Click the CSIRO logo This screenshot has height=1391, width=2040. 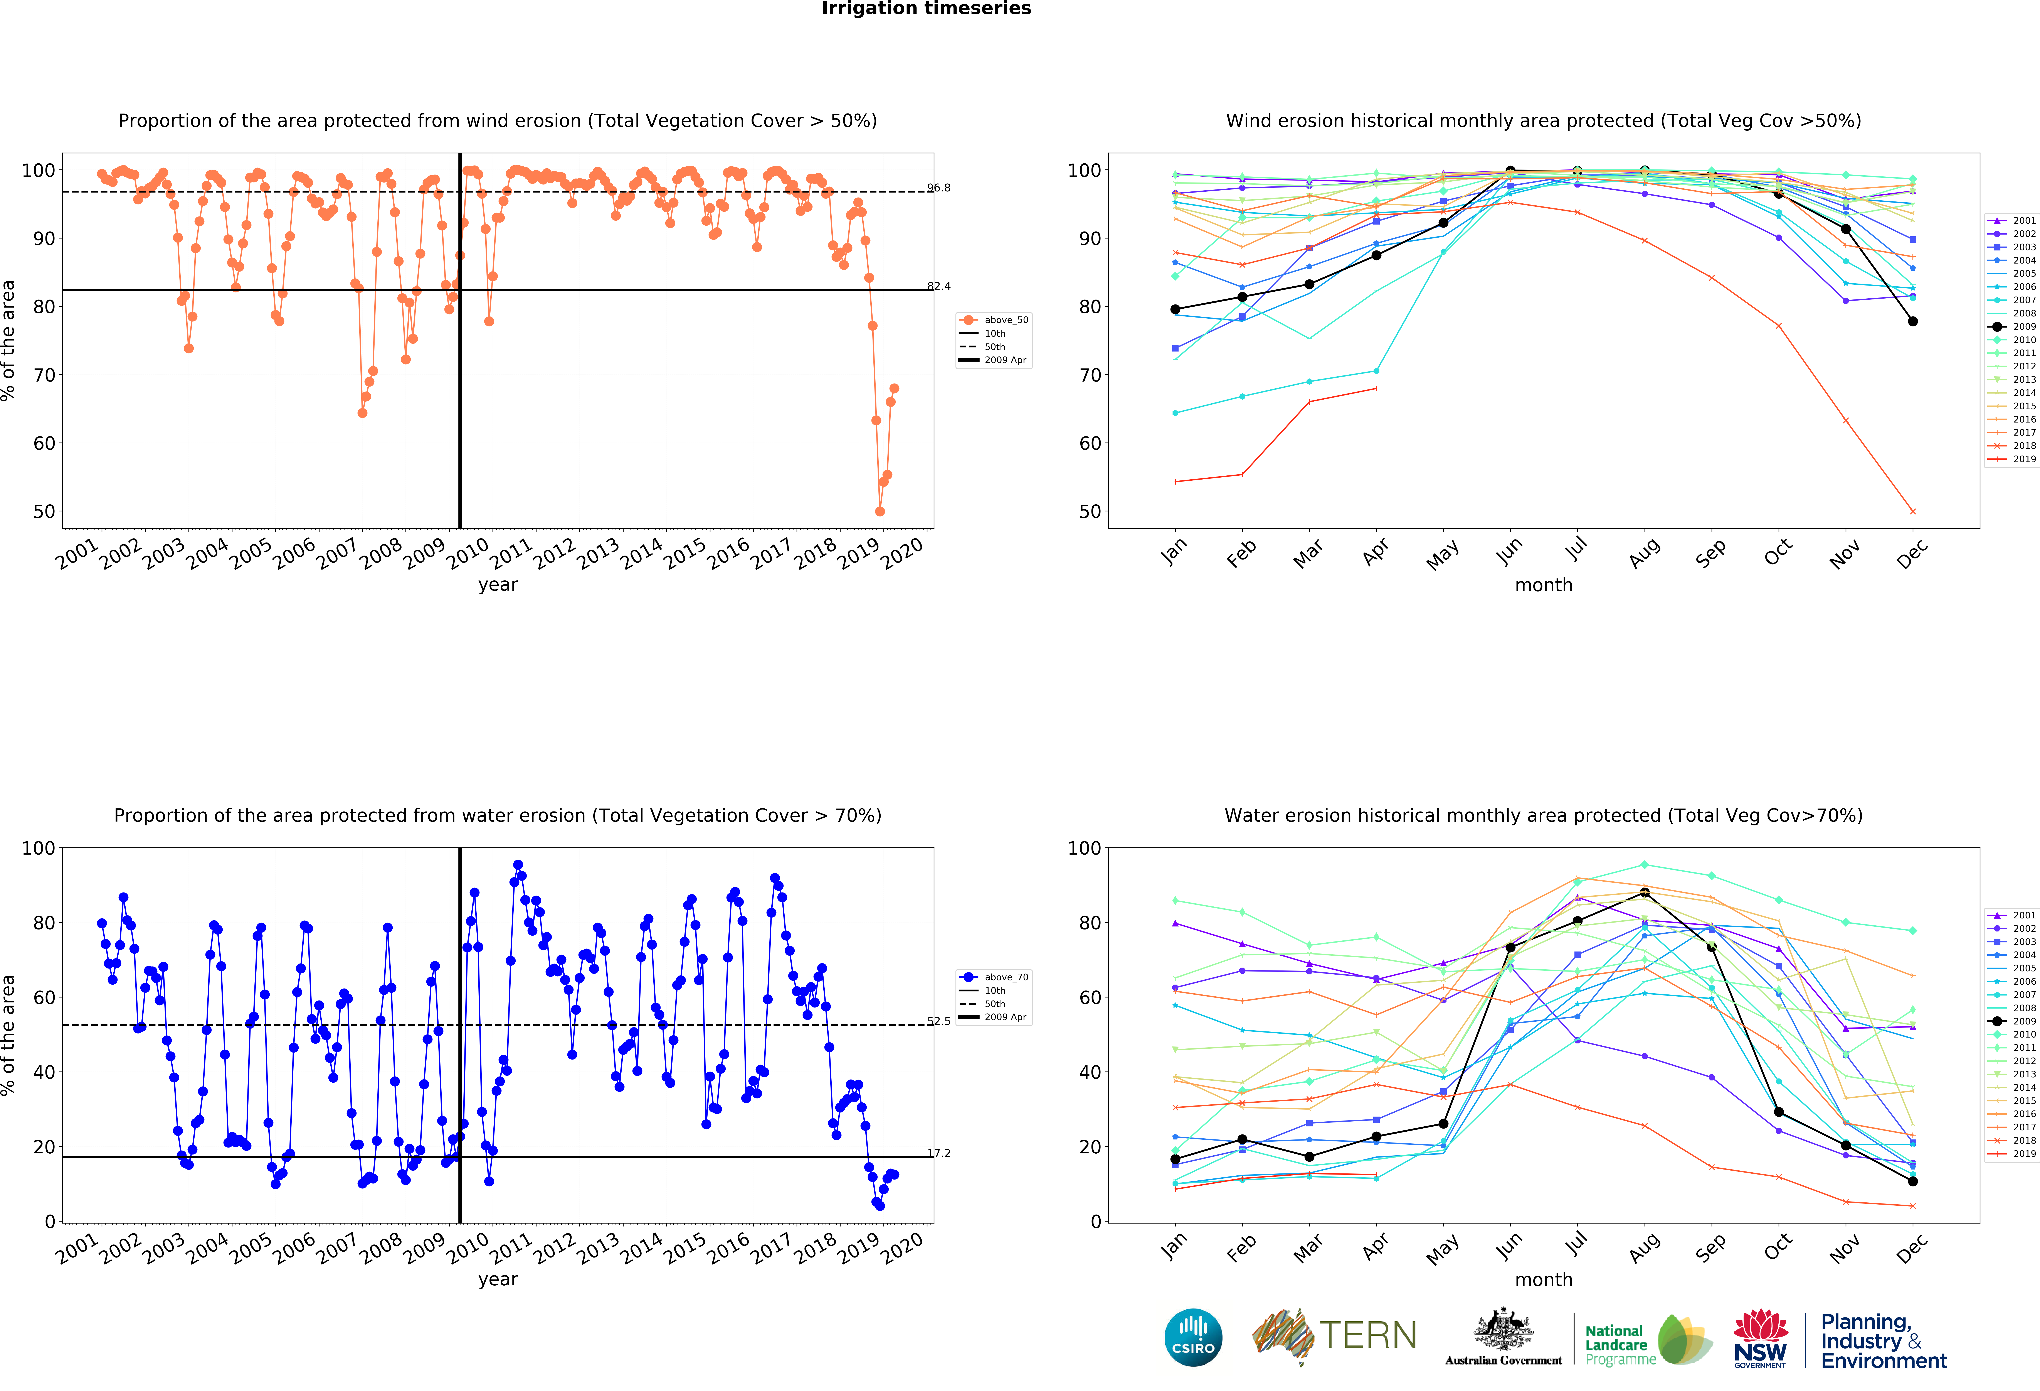pyautogui.click(x=1193, y=1337)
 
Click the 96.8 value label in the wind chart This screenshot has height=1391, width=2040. pyautogui.click(x=938, y=188)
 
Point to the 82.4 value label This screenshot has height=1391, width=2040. pyautogui.click(x=938, y=286)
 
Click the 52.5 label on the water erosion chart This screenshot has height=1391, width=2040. pyautogui.click(x=938, y=1021)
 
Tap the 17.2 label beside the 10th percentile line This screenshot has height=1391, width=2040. pyautogui.click(x=938, y=1153)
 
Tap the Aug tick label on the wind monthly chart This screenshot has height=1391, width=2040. pyautogui.click(x=1644, y=553)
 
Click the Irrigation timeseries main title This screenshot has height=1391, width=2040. pyautogui.click(x=926, y=9)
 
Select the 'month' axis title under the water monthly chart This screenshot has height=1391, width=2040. pyautogui.click(x=1543, y=1279)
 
